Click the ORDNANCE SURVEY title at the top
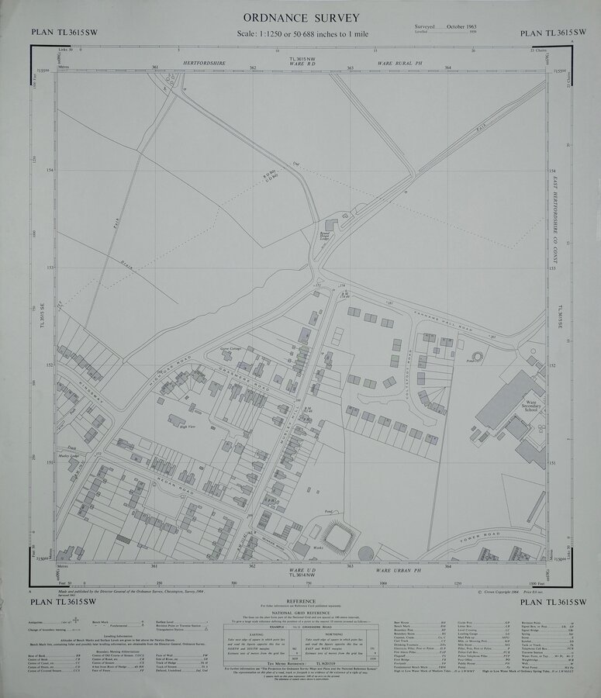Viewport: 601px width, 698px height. coord(301,17)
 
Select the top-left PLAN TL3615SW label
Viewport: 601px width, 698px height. coord(58,32)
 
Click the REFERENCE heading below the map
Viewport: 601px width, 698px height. coord(300,602)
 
